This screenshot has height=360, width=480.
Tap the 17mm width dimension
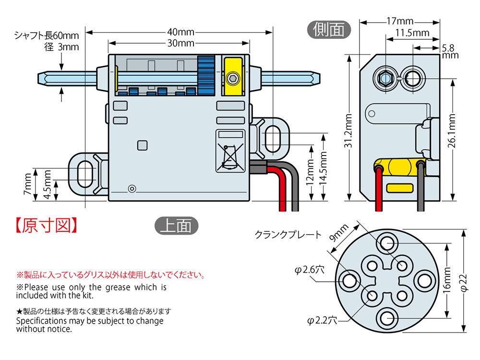(400, 22)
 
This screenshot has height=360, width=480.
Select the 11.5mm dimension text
(412, 33)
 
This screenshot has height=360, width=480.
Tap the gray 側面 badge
(329, 30)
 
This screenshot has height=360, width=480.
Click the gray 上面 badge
(176, 225)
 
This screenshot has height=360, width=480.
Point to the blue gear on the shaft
(205, 76)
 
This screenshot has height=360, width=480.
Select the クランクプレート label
(288, 235)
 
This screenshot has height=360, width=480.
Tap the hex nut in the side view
(384, 78)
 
